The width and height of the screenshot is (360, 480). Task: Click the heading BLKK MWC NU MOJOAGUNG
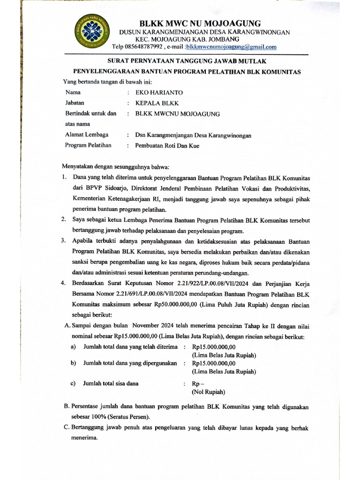tap(200, 23)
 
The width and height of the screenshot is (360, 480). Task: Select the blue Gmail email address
tap(232, 47)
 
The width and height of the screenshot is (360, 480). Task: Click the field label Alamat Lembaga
tap(87, 135)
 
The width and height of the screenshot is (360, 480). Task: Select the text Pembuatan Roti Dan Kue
tap(167, 146)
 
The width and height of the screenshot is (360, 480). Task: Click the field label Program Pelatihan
tap(89, 145)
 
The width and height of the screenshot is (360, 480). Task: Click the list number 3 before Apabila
tap(63, 241)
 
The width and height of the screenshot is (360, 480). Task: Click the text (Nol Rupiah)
tap(209, 391)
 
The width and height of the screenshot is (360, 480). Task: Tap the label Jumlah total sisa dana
tap(111, 383)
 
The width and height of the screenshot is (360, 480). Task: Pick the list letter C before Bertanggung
tap(66, 427)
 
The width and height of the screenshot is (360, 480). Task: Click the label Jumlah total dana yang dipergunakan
tap(130, 363)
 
